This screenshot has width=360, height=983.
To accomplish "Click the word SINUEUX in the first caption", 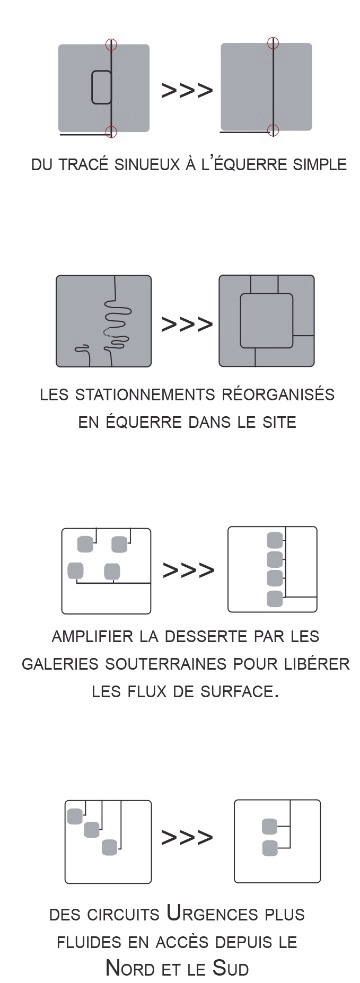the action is pos(145,164).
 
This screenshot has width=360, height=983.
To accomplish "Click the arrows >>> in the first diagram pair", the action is pos(187,90).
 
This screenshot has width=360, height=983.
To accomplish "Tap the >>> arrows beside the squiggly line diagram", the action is pos(187,324).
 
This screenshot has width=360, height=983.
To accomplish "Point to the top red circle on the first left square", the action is pos(111,44).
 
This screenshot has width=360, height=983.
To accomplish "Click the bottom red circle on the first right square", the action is pos(272,130).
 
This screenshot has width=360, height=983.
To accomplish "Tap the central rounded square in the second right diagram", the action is pos(266,321).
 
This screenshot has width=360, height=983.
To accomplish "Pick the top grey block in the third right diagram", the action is pos(275,540).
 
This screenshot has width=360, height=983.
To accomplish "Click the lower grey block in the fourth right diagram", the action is pos(270,849).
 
